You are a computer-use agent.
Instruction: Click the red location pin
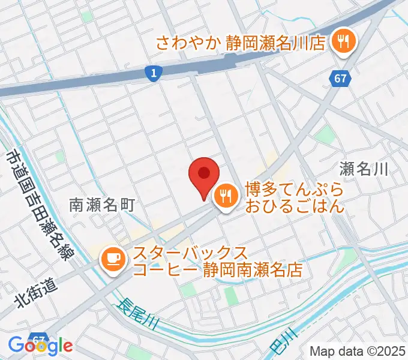coord(204,175)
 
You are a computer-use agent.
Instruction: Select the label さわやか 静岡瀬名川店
coord(240,43)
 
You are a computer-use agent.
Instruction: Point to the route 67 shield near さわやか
coord(340,78)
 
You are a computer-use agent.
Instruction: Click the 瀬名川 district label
coord(364,169)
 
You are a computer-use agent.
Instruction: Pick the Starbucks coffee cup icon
coord(113,259)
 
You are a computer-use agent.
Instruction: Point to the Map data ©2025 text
coord(357,351)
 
